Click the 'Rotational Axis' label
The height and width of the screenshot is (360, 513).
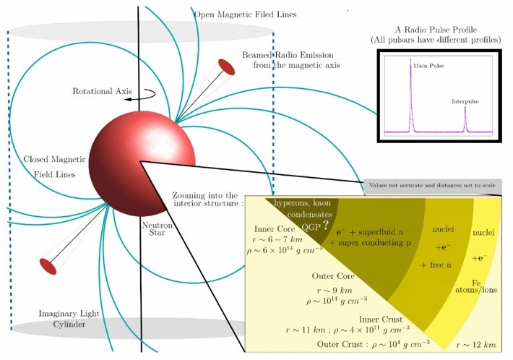pos(102,91)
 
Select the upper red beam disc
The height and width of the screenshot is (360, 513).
pos(226,67)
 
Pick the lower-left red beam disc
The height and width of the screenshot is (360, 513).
pos(48,266)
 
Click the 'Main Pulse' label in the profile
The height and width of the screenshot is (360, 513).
pos(428,66)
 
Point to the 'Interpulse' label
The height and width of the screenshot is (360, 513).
pos(465,101)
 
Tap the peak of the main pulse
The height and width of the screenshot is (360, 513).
pos(410,60)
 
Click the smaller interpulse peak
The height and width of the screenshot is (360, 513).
pos(465,107)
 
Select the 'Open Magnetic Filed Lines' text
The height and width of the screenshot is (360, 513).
pos(245,14)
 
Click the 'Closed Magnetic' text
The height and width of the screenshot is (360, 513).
pos(54,159)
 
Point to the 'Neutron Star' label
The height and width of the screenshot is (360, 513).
pos(158,228)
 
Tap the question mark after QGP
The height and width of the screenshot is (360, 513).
pos(325,225)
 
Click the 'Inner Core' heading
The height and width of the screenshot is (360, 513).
pos(275,228)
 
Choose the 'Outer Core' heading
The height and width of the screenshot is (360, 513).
pos(333,276)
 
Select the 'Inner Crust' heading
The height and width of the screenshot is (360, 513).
pos(381,319)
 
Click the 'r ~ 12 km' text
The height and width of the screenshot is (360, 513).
pos(476,344)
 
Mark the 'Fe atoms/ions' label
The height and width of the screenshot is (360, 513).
pos(476,286)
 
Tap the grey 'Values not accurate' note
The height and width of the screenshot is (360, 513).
pos(432,185)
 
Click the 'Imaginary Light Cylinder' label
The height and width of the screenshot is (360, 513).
pos(69,319)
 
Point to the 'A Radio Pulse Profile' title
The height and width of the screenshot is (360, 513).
pos(436,30)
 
